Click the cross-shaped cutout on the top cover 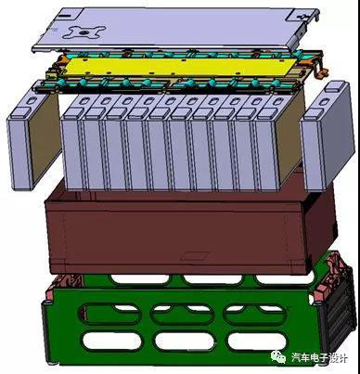(x=84, y=32)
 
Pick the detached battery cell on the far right (x=328, y=136)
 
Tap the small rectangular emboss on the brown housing (x=196, y=255)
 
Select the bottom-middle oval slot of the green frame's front (x=184, y=342)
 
